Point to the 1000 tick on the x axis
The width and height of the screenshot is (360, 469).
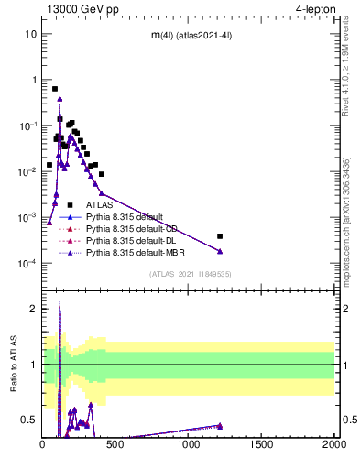coord(188,444)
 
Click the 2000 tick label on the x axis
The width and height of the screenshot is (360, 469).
coord(333,444)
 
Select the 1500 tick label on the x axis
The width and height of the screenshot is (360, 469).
coord(261,444)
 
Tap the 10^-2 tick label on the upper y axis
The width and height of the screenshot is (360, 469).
coord(27,171)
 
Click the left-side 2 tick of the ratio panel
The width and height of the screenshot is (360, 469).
coord(34,309)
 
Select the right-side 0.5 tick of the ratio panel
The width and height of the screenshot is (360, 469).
coord(346,420)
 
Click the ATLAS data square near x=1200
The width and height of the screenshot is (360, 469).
coord(220,235)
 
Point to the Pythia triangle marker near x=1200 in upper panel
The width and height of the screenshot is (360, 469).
coord(220,251)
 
